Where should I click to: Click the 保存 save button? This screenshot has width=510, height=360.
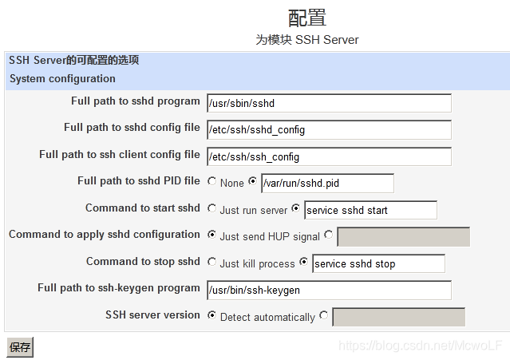coord(20,347)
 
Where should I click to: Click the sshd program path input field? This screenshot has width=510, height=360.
coord(329,103)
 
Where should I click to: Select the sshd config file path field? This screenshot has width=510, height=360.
coord(329,130)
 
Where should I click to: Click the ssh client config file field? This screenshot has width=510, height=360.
coord(329,156)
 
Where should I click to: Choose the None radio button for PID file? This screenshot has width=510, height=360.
coord(212,182)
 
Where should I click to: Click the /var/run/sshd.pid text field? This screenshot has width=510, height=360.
coord(327,184)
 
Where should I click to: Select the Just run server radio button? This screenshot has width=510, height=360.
coord(212,209)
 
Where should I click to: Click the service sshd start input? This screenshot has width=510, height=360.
coord(370,210)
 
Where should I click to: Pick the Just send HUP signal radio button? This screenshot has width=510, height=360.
coord(212,235)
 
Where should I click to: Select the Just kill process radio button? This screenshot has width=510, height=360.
coord(212,263)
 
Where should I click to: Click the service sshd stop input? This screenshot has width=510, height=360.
coord(378,263)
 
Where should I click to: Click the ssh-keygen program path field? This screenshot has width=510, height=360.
coord(329,290)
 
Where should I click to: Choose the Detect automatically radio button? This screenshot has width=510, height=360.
coord(212,316)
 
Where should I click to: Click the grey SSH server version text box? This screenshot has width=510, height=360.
coord(398,317)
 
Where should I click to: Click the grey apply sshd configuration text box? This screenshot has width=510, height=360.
coord(403,237)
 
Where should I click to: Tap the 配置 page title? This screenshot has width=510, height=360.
coord(307,18)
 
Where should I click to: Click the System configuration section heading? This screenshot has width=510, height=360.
coord(62,79)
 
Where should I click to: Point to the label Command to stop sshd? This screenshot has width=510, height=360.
coord(143,262)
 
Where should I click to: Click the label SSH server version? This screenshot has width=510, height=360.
coord(152,315)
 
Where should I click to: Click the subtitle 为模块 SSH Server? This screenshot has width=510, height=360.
coord(307,40)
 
